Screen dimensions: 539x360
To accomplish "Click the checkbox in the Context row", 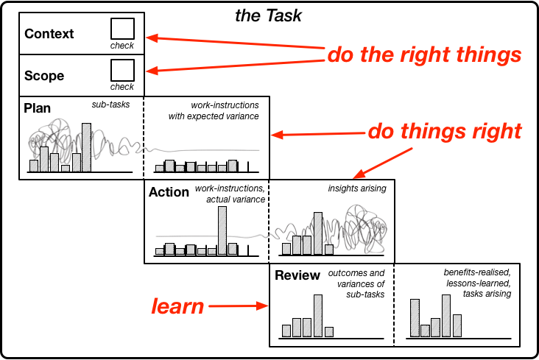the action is [x=122, y=29].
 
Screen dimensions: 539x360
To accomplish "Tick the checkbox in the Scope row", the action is [x=122, y=70].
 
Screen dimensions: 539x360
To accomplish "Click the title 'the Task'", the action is [x=268, y=15].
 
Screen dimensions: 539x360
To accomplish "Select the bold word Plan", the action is [x=37, y=108].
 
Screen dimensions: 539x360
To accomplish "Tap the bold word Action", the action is [x=169, y=192].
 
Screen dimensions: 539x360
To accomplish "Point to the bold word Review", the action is [x=297, y=275].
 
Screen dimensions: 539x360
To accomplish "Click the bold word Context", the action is [x=49, y=34].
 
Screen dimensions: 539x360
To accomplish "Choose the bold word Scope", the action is [x=44, y=76].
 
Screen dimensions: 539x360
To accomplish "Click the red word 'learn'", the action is [x=177, y=306].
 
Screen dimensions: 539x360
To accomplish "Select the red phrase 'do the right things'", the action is [x=425, y=54].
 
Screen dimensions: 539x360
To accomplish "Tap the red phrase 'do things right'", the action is [x=445, y=131].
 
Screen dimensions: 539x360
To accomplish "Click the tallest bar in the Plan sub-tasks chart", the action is [x=87, y=147].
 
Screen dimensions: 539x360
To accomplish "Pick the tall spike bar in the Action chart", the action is [x=222, y=230].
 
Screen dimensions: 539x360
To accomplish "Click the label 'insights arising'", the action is [x=357, y=188].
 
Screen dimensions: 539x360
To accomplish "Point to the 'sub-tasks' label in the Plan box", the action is [x=110, y=105].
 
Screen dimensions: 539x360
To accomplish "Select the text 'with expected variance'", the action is [x=214, y=116].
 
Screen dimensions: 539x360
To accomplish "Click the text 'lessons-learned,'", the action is [x=479, y=283].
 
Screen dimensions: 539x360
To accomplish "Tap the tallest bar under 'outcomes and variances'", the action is [x=318, y=316].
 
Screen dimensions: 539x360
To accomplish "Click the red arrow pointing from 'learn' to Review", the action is [x=239, y=306].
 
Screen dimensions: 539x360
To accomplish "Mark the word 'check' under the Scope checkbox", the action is [x=122, y=87].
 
